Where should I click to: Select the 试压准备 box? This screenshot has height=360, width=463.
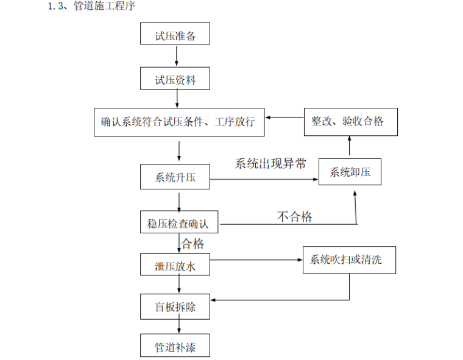(x=175, y=34)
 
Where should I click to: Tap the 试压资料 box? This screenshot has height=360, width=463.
(x=175, y=79)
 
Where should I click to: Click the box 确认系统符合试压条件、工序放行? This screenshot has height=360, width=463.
(x=179, y=122)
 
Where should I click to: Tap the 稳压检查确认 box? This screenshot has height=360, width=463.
(x=179, y=223)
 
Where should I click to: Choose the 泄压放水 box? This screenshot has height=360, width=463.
(x=175, y=266)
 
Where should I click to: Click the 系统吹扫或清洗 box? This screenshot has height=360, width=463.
(x=350, y=259)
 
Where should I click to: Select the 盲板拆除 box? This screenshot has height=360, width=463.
(x=175, y=306)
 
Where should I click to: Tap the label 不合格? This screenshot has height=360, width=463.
(x=294, y=216)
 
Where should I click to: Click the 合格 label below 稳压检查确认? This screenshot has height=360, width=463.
(x=193, y=244)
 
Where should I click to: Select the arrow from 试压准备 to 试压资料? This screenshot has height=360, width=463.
(x=176, y=55)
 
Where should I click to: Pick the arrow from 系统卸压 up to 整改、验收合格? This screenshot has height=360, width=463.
(x=350, y=146)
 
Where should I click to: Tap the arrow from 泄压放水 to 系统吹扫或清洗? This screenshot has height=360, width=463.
(x=256, y=260)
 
